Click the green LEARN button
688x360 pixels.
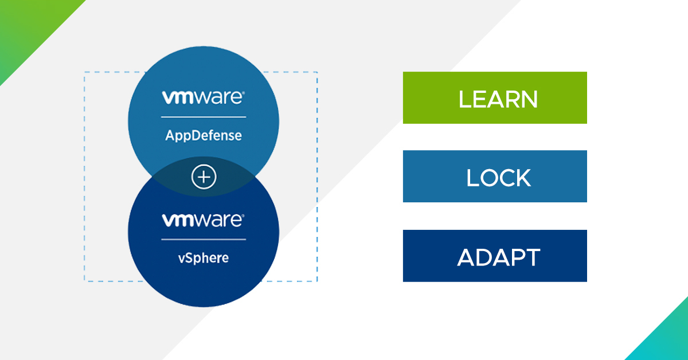point(495,97)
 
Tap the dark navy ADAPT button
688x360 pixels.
point(495,256)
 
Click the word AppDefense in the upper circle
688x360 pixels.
point(204,136)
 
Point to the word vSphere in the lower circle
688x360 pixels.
point(204,257)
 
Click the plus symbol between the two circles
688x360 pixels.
point(204,178)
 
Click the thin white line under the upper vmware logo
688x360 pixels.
point(204,117)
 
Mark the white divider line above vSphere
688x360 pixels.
point(204,239)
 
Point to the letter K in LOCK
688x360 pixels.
point(523,178)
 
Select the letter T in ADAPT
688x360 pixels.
point(533,257)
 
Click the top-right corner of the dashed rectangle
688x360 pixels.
point(317,72)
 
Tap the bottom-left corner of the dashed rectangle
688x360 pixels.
point(85,281)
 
